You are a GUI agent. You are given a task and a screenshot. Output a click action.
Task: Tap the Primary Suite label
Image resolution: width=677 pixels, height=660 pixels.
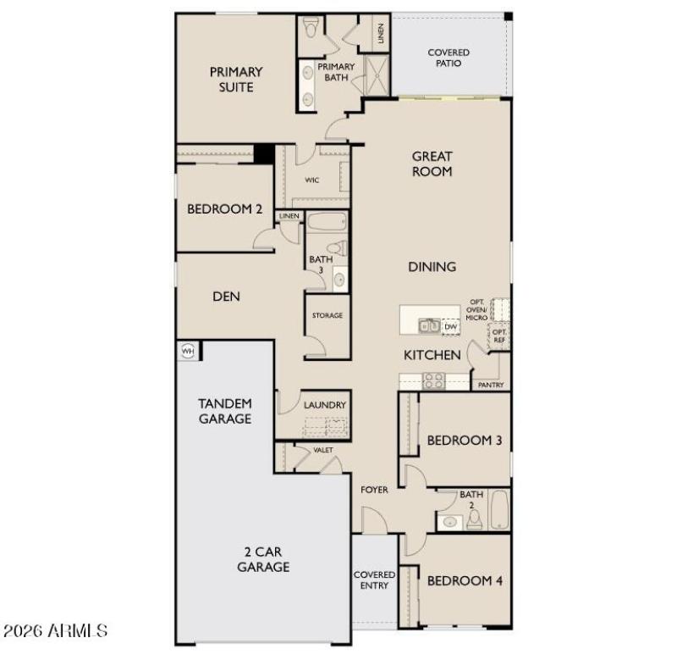(x=236, y=80)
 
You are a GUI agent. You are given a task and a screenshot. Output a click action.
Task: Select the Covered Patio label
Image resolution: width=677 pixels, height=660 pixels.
(x=449, y=58)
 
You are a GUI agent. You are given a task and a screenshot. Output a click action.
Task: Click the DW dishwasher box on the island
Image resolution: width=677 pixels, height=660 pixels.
(x=451, y=325)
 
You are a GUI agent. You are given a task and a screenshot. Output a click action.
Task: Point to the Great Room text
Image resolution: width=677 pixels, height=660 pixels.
(x=432, y=164)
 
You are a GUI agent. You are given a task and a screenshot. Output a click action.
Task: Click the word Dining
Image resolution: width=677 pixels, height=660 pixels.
(x=432, y=267)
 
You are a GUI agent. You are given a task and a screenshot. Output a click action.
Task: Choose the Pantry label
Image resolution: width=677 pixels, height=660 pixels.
(x=491, y=385)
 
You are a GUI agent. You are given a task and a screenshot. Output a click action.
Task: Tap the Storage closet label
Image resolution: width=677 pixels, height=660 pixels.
(x=327, y=315)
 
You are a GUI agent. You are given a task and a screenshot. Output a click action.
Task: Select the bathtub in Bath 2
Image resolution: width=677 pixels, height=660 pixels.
(x=498, y=510)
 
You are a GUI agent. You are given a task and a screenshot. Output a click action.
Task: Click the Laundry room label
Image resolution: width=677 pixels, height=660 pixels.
(x=325, y=405)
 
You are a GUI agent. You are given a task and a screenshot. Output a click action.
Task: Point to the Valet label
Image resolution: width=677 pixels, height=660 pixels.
(x=322, y=451)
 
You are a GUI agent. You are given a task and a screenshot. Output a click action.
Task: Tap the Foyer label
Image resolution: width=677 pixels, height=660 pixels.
(x=374, y=490)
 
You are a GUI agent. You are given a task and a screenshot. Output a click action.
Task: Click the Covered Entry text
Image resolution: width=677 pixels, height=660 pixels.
(x=374, y=580)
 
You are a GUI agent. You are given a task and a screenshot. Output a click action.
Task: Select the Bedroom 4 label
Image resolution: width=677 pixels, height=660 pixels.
(x=465, y=581)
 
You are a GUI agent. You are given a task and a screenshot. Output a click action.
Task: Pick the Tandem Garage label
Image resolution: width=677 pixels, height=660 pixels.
(x=224, y=411)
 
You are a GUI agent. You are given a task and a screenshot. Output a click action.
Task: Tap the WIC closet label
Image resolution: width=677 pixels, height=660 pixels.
(x=312, y=180)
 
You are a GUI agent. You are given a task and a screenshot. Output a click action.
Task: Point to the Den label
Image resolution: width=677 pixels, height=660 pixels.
(x=226, y=297)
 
